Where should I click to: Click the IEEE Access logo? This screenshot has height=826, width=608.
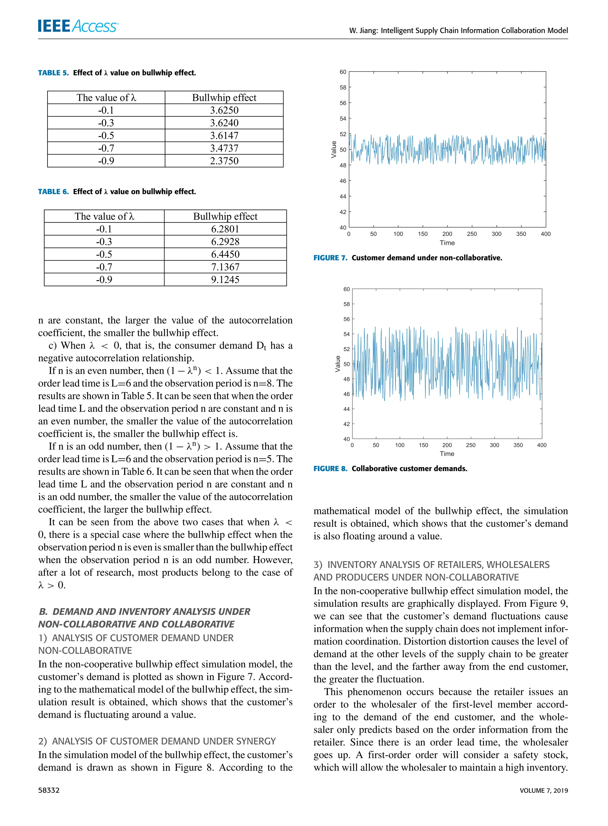click(x=78, y=26)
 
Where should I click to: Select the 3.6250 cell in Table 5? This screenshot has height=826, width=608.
click(x=224, y=110)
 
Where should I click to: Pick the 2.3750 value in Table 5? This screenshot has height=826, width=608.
click(x=224, y=161)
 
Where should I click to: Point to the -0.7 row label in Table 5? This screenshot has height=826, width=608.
click(x=106, y=148)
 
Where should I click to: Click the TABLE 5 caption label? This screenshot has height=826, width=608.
click(x=53, y=73)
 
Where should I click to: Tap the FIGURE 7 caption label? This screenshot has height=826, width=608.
click(x=330, y=258)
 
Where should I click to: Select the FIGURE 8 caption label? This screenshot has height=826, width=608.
click(x=330, y=468)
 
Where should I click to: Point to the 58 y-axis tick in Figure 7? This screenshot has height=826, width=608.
click(x=343, y=88)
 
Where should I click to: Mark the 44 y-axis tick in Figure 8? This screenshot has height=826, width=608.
click(x=346, y=409)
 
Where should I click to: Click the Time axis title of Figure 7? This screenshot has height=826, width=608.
click(x=447, y=243)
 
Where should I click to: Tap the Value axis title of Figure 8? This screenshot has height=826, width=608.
click(x=338, y=364)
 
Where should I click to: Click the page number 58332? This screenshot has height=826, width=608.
click(x=49, y=790)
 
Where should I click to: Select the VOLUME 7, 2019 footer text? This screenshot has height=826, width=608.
click(x=543, y=790)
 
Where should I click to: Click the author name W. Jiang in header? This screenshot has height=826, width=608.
click(x=363, y=31)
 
